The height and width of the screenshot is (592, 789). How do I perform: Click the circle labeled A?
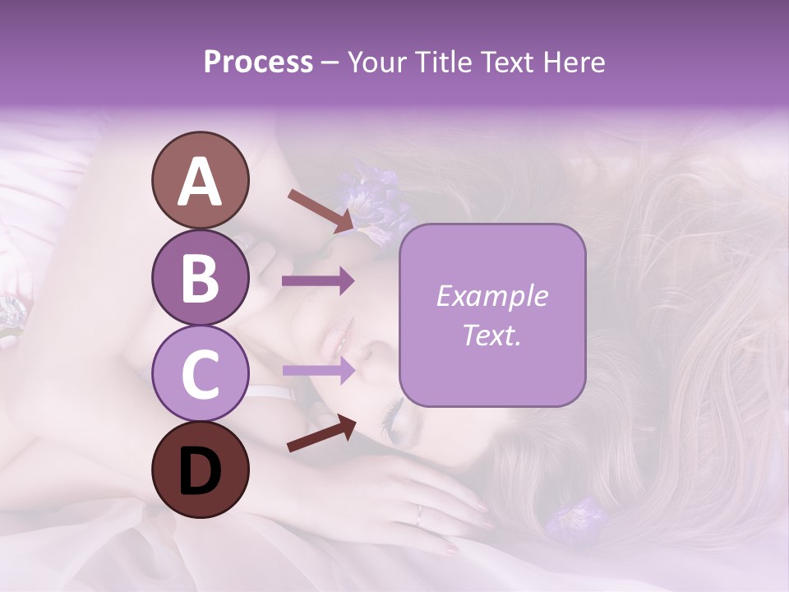[x=200, y=180]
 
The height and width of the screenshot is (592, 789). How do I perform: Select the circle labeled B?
[x=200, y=277]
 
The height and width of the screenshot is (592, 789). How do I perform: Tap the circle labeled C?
[x=200, y=373]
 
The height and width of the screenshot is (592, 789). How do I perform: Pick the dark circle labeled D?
[x=200, y=469]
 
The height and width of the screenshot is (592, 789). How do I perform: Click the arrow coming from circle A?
[x=321, y=210]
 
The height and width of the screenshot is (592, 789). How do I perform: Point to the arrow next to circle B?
[x=317, y=281]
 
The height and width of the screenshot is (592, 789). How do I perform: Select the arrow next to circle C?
[x=317, y=371]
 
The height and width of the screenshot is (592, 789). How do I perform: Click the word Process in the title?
[x=258, y=62]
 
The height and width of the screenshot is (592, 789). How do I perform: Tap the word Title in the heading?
[x=445, y=62]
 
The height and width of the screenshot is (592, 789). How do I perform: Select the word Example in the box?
[x=491, y=296]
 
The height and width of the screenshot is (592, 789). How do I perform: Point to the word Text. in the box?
[x=491, y=335]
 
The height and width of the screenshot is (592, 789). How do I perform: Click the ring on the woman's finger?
[x=419, y=516]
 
